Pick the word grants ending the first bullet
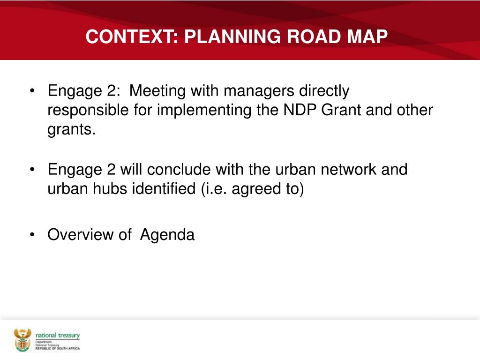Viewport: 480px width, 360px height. tap(71, 130)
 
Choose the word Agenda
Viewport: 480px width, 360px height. tap(167, 234)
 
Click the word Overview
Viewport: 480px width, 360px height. tap(80, 234)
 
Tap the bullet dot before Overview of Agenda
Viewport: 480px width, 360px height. tap(32, 235)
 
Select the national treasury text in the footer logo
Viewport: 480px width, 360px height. tap(58, 336)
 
